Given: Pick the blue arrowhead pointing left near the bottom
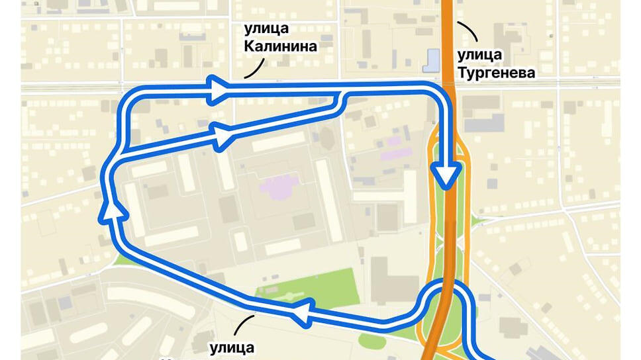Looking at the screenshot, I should point(302,312).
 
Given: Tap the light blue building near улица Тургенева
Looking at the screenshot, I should point(432,61).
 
